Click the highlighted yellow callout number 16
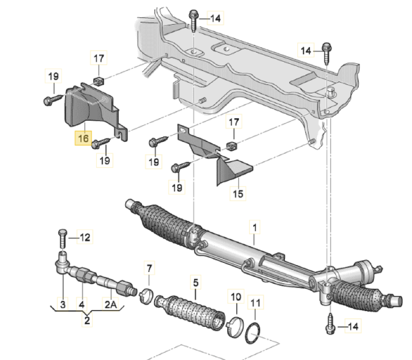tap(83, 138)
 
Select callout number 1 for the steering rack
tap(255, 228)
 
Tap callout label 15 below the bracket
tap(238, 194)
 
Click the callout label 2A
tap(110, 304)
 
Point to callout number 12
tap(85, 238)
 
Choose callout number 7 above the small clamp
tap(149, 268)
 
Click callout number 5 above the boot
tap(196, 283)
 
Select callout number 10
tap(236, 297)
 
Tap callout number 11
tap(255, 303)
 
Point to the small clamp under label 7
tap(146, 295)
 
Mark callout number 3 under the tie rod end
tap(63, 304)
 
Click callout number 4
tap(82, 304)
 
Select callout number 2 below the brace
tap(87, 320)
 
